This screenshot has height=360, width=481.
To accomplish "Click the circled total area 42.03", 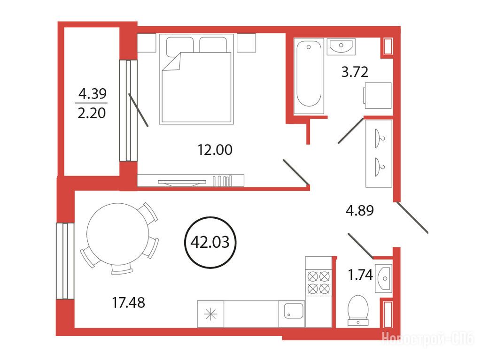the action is [x=210, y=243].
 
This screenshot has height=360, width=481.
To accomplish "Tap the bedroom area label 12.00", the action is [x=215, y=150].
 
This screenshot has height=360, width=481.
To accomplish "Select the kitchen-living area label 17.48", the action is [x=128, y=303].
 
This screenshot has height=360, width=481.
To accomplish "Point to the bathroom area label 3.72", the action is [x=355, y=72].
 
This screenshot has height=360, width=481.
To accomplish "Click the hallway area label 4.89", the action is [x=359, y=211].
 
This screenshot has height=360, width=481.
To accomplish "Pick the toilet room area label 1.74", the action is [x=360, y=275].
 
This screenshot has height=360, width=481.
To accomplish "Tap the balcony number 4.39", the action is [x=93, y=93].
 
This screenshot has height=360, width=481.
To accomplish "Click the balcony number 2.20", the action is [x=92, y=113].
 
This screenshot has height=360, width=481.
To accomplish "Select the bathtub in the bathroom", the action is [x=309, y=76].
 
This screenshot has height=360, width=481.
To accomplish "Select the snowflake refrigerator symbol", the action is [x=210, y=314].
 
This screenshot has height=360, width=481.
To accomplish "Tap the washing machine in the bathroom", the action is [x=377, y=95].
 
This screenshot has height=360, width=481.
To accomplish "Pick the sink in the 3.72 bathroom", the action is [x=341, y=46].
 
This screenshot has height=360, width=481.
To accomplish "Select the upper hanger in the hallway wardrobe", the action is [x=380, y=138].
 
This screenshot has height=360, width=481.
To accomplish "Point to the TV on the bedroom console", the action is [x=182, y=183].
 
